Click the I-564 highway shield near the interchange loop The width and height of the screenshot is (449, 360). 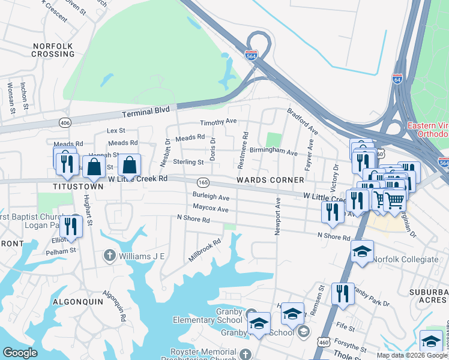coord(252,55)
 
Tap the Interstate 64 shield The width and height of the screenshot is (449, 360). coord(397,79)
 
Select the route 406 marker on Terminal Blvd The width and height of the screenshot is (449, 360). coord(64,123)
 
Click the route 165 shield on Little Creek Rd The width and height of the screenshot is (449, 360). coord(203,182)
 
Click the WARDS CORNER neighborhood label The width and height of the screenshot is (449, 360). coord(270,180)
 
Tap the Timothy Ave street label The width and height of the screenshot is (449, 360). coord(218,122)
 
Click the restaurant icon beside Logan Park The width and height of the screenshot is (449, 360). coord(71,226)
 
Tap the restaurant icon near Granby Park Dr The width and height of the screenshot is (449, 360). coord(343,293)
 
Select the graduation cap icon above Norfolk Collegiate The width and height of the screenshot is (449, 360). coord(363,251)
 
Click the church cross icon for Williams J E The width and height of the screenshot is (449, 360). coord(109,256)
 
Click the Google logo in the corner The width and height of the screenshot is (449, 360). coord(20,353)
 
